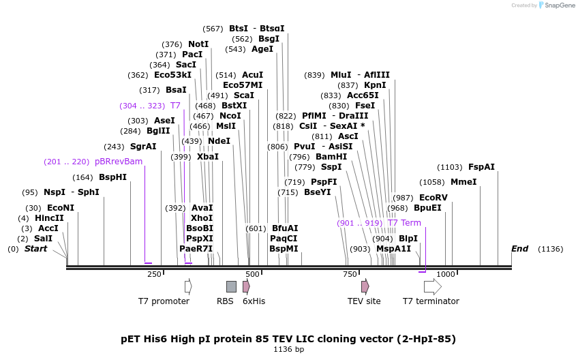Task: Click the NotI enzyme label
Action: click(198, 44)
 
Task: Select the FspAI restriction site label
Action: click(481, 167)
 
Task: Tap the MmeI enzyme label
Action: click(463, 182)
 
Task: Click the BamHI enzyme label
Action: click(331, 157)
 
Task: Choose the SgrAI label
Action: click(143, 147)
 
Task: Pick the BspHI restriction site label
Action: click(112, 177)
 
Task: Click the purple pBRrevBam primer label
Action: click(119, 162)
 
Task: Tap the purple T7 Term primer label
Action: click(404, 223)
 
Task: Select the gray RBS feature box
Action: click(231, 286)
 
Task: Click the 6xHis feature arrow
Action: click(246, 286)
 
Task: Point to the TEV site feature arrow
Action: click(365, 286)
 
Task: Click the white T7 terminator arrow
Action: click(432, 286)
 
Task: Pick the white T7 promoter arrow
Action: click(188, 286)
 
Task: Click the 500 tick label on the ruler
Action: click(253, 274)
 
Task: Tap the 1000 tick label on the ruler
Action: click(446, 274)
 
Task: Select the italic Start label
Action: click(36, 249)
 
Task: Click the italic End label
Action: click(519, 249)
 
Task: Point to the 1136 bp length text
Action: click(288, 349)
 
